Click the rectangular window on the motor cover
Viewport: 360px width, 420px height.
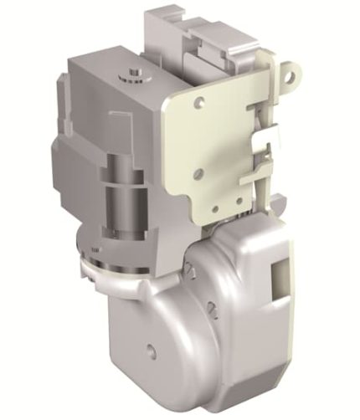pyautogui.click(x=276, y=275)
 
